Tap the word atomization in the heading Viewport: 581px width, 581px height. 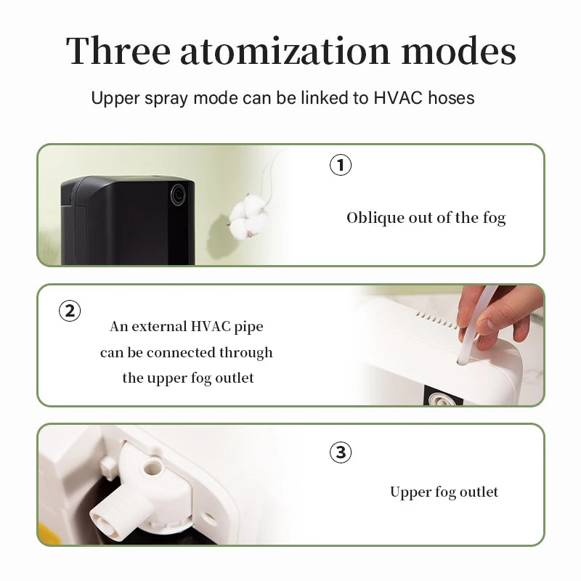(285, 52)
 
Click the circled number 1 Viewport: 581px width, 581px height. (341, 165)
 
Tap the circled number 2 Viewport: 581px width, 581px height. (70, 311)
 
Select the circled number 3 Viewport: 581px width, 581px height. (341, 452)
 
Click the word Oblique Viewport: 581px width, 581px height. (374, 218)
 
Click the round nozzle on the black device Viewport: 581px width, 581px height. (178, 195)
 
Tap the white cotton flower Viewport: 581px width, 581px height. (248, 216)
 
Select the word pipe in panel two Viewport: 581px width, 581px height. (248, 327)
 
